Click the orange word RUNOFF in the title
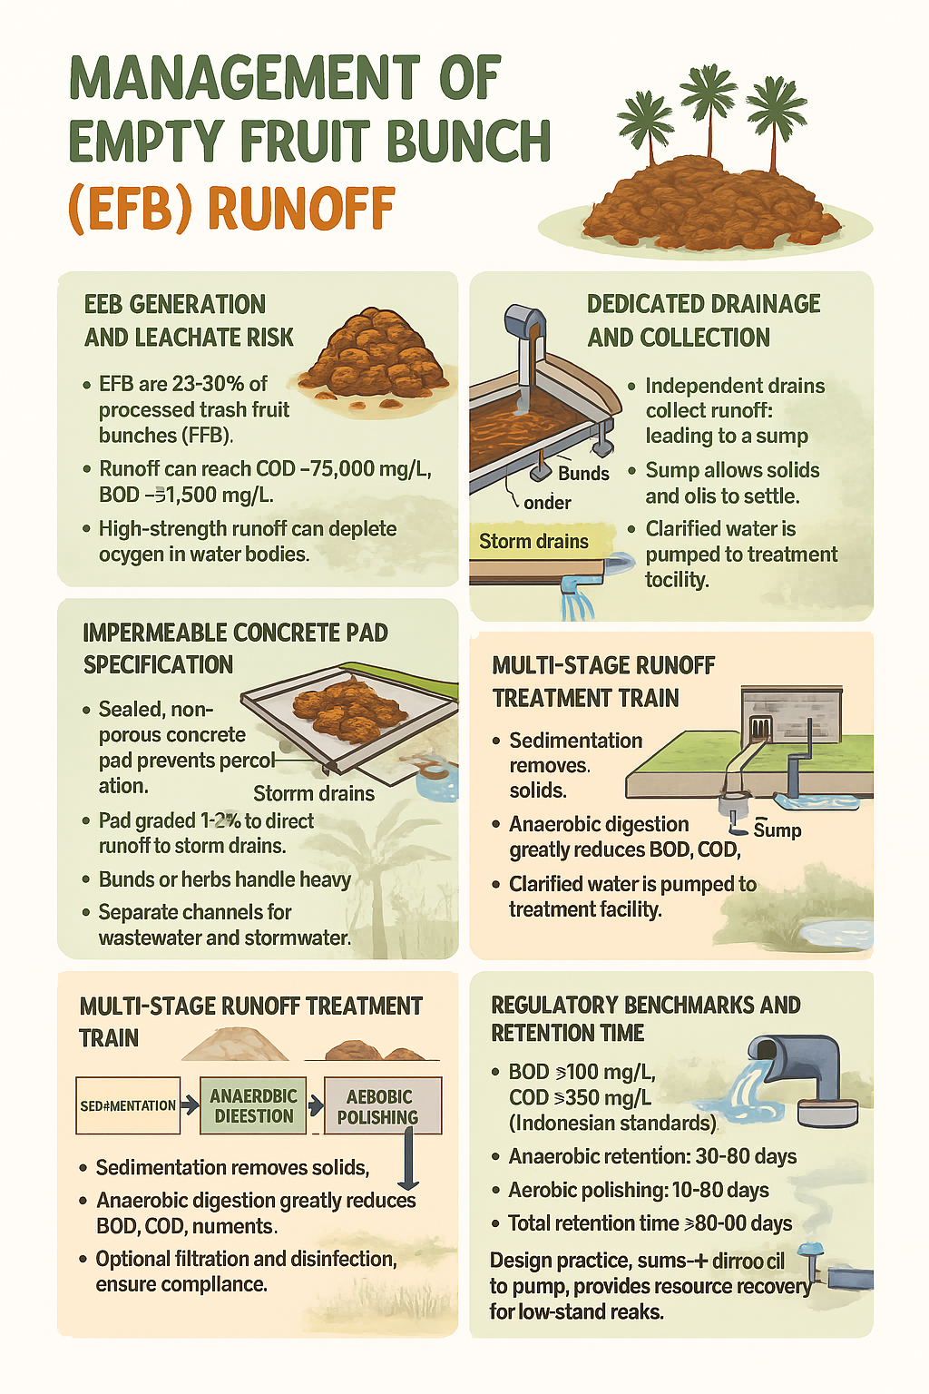tap(301, 209)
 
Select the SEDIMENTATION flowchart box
tap(128, 1105)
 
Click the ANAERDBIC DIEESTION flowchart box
tap(253, 1105)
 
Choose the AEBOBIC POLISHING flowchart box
tap(381, 1105)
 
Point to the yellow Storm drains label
tap(533, 541)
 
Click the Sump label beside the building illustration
tap(777, 830)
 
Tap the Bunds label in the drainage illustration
tap(583, 474)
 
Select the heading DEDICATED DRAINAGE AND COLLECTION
tap(703, 320)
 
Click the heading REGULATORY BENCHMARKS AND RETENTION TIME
tap(645, 1018)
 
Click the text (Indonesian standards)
tap(612, 1123)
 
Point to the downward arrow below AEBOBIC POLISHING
tap(409, 1162)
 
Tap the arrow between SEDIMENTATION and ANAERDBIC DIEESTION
tap(189, 1105)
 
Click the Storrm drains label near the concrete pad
tap(314, 793)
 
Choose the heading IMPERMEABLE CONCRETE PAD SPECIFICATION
tap(235, 648)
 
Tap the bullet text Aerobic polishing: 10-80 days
tap(638, 1190)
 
